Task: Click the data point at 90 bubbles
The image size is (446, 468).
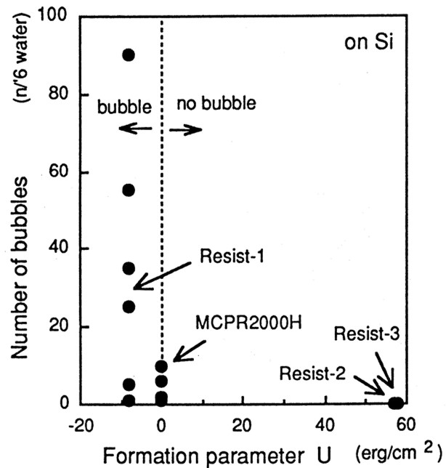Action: (x=129, y=55)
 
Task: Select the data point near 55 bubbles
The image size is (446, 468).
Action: (x=129, y=190)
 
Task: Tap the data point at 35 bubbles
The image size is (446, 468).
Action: (x=129, y=268)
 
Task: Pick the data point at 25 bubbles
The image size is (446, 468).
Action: (x=129, y=306)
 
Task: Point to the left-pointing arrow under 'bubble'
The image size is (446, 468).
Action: (x=135, y=129)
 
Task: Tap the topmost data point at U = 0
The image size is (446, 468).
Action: (x=161, y=366)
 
